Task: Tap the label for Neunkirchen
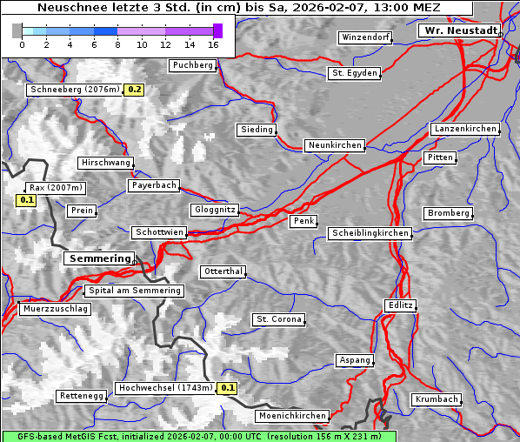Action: [334, 145]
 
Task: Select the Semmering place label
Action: [99, 258]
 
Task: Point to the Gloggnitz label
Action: [213, 210]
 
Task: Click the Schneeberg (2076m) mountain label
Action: [74, 90]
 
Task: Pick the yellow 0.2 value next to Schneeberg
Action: [135, 90]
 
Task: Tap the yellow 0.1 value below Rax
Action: [27, 200]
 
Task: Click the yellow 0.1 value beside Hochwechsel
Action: [228, 388]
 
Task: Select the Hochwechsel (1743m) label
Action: [165, 388]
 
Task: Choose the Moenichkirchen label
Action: [294, 417]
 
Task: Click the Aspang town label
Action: [355, 360]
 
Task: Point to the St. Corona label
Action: [278, 319]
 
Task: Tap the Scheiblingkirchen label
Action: [370, 233]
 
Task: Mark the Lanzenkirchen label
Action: [464, 129]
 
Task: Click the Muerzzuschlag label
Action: [55, 309]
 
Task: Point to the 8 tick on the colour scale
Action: [117, 44]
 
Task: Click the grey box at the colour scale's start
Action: [17, 30]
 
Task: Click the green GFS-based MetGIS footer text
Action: [198, 436]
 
